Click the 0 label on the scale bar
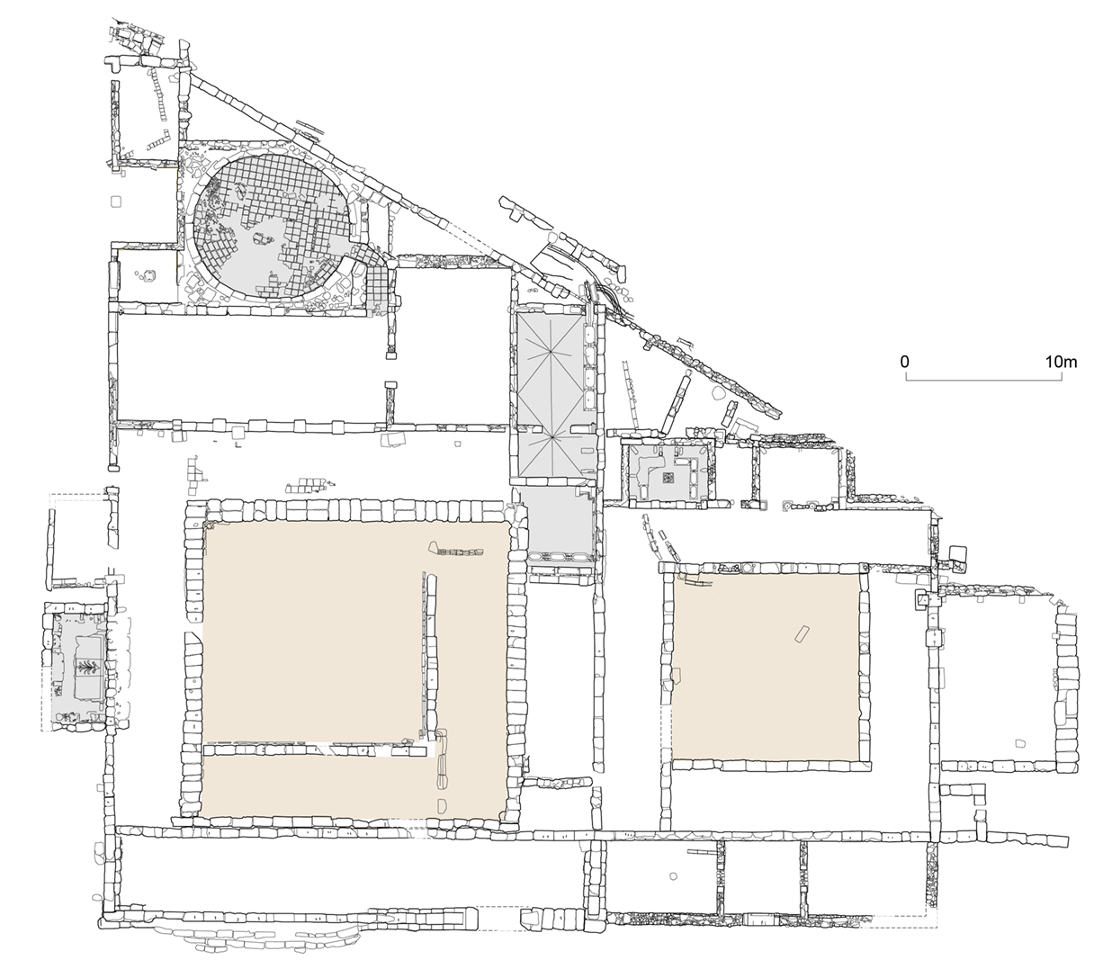pos(904,362)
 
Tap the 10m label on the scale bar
pos(1061,362)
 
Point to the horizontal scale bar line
pos(982,378)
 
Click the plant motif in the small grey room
pos(88,667)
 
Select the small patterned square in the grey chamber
pos(668,478)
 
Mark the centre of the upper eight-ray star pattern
pos(549,356)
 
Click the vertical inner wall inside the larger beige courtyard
pos(424,652)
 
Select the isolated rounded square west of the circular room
pos(115,202)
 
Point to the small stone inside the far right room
pos(1019,744)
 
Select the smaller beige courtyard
pos(765,666)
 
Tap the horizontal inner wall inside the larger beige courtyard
pos(315,749)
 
